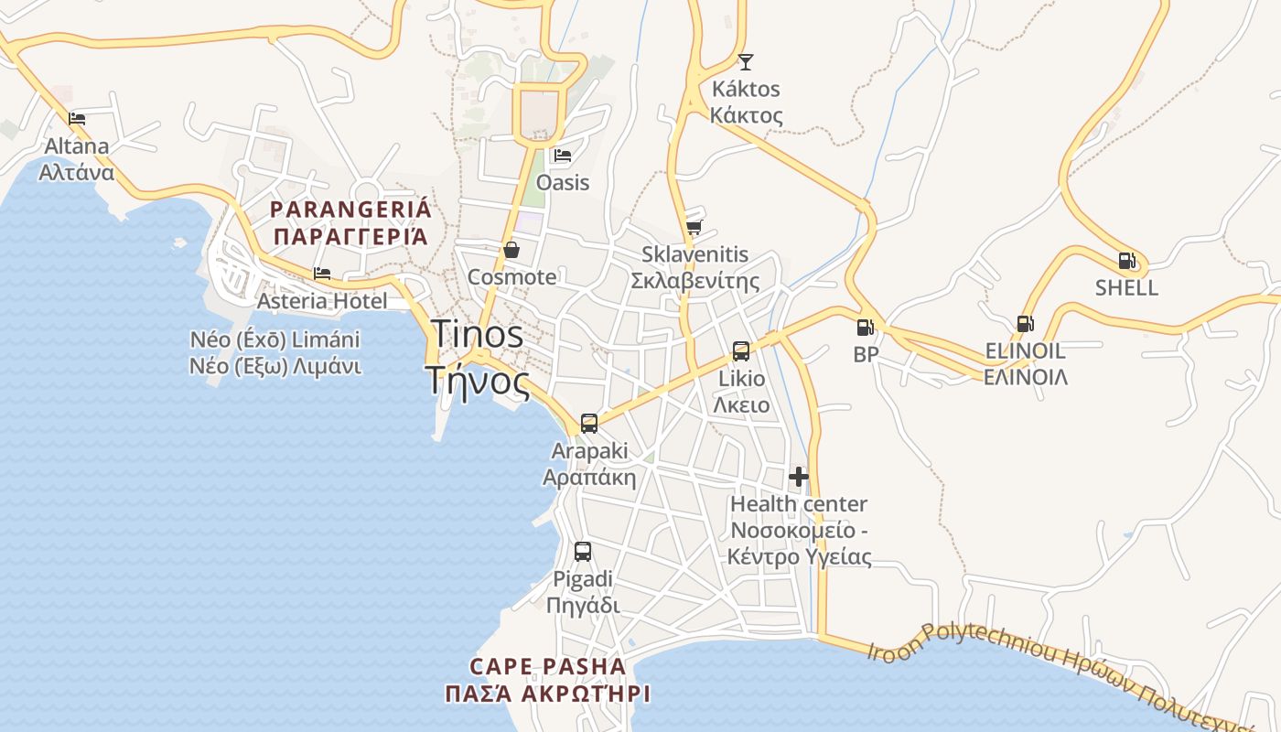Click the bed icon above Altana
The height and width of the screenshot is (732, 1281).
click(77, 118)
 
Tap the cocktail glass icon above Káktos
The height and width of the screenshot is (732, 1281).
click(746, 62)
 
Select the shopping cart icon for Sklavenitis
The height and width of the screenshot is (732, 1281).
click(694, 227)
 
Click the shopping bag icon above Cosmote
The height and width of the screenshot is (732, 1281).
click(511, 250)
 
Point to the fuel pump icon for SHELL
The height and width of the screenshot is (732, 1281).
click(1127, 261)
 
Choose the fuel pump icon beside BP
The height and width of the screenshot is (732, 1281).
click(865, 327)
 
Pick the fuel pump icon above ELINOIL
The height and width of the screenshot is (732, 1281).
click(1025, 324)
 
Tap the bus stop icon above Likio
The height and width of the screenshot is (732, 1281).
click(741, 350)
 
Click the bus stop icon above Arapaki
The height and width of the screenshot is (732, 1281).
click(589, 424)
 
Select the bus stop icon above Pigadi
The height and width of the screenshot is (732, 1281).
click(583, 552)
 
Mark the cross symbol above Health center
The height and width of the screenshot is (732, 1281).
click(799, 477)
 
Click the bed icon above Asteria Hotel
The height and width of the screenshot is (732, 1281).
click(322, 274)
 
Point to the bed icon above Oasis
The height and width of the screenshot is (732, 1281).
click(563, 156)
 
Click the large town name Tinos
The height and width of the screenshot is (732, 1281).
click(477, 334)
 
